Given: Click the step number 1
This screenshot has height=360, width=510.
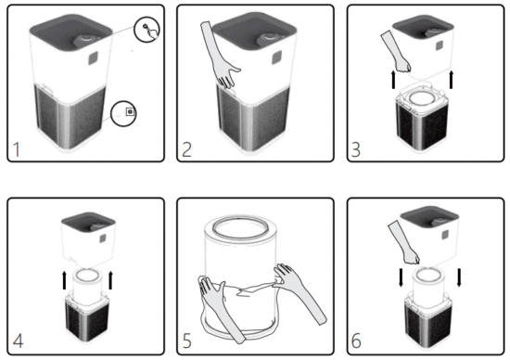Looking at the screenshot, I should click(x=16, y=147).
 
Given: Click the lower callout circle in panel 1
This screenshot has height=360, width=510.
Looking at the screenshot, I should click(x=128, y=112).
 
